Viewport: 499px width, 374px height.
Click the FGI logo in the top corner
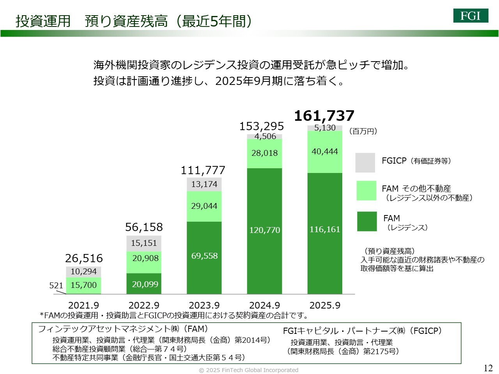point(471,16)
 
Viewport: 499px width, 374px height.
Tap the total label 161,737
point(324,116)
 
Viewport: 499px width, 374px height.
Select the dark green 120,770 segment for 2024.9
point(265,230)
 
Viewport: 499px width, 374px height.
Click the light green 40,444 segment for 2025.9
point(325,152)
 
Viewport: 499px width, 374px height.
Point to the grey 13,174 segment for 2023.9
point(204,184)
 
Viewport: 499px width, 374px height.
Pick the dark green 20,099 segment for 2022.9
point(144,284)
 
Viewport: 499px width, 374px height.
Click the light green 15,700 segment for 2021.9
point(83,285)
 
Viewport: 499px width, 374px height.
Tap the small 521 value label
point(56,286)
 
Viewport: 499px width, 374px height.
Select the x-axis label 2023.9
point(204,305)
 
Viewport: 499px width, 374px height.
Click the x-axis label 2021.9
point(83,305)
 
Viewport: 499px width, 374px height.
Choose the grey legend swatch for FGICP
point(365,162)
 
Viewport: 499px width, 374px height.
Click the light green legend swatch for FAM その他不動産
point(366,191)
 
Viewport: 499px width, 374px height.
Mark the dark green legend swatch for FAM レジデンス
point(367,221)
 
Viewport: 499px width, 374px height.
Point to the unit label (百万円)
point(363,131)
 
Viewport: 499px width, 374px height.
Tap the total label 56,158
point(144,227)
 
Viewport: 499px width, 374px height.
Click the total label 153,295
point(261,126)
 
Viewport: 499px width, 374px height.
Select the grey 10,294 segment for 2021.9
point(83,272)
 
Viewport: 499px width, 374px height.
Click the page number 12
point(488,368)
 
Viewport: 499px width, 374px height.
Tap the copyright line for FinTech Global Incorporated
point(249,370)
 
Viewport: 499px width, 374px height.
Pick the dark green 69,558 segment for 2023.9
point(204,256)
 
